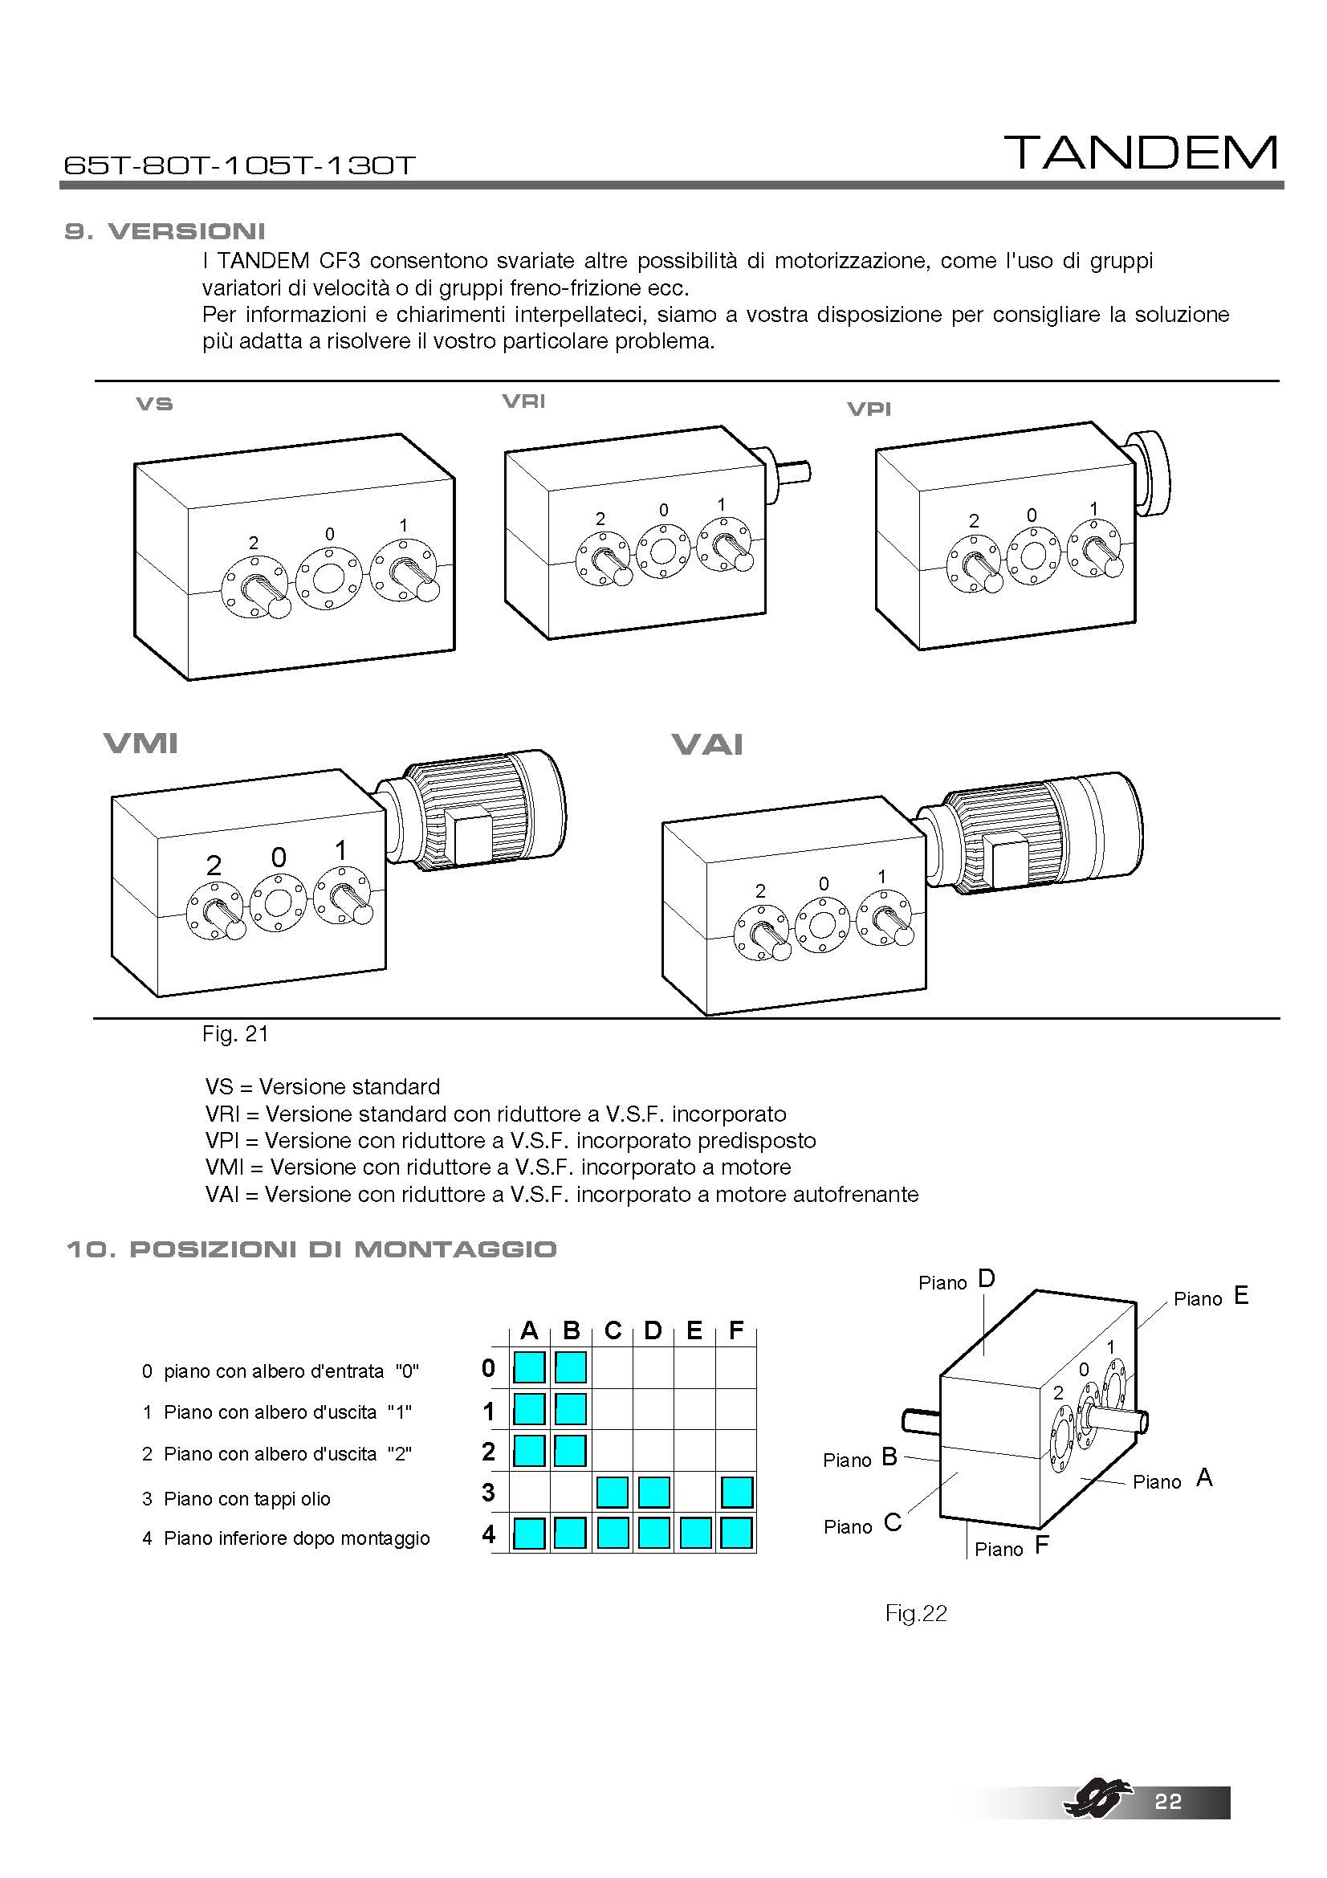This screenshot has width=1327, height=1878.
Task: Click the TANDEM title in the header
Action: [x=1142, y=153]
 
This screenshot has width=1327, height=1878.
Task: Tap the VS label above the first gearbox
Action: [x=154, y=404]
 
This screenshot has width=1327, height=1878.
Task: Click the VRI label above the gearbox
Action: [x=523, y=401]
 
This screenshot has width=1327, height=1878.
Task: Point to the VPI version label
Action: [x=869, y=409]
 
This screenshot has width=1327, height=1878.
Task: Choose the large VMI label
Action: [x=140, y=743]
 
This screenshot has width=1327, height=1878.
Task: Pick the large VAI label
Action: [x=707, y=744]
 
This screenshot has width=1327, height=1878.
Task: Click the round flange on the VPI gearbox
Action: [x=1149, y=475]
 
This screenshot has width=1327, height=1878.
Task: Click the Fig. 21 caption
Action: [x=235, y=1035]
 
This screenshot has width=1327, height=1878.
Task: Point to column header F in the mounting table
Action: [x=736, y=1331]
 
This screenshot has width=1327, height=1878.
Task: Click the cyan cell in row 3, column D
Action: [x=653, y=1493]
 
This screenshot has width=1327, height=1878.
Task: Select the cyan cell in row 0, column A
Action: [x=529, y=1367]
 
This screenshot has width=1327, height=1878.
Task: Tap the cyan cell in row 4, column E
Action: [x=695, y=1533]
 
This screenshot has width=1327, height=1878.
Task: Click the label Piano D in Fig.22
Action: [x=957, y=1281]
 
